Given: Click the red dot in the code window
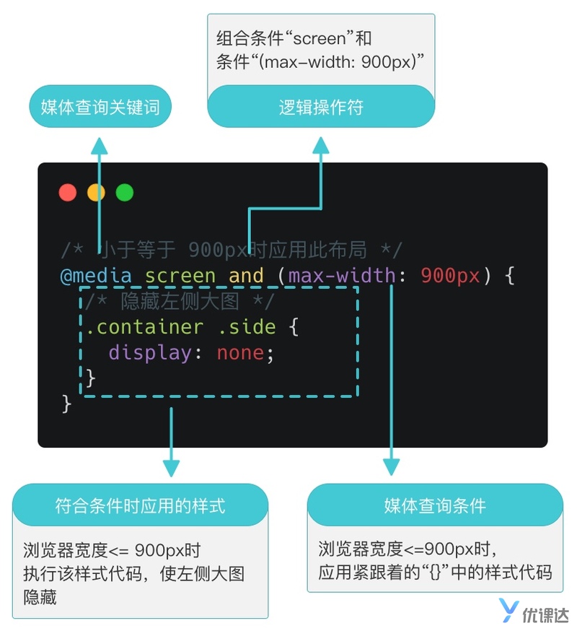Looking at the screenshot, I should pos(68,193).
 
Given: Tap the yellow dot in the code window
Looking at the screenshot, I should pos(96,193).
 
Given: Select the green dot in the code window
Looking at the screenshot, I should pos(125,193).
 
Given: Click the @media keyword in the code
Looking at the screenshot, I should pos(96,276).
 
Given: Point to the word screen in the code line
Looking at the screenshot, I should pos(180,276).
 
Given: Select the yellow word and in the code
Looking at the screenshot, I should pos(246,276).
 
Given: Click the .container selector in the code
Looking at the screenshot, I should pos(144,327).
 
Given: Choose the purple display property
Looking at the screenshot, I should pos(150,353).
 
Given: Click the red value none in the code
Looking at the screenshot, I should pos(240,353).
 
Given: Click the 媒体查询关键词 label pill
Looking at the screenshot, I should pos(100,108).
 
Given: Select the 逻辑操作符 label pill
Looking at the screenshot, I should pos(321,108).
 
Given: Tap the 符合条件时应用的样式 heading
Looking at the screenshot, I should pos(140,505).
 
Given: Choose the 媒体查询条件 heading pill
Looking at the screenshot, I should pos(435,505).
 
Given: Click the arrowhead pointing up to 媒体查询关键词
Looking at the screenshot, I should pos(100,143).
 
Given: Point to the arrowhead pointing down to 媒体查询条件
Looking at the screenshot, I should pos(391,466).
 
